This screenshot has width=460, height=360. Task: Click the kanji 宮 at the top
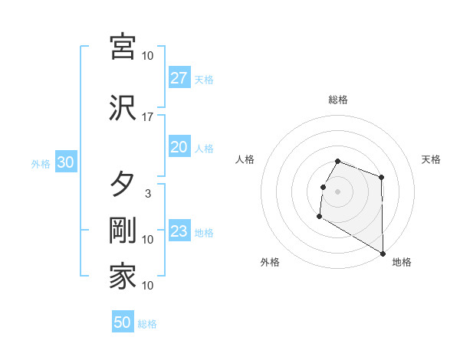(123, 47)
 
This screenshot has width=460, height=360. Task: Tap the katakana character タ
(123, 184)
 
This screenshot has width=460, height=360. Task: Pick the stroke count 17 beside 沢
(148, 117)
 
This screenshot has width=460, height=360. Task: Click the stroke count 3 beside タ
(148, 194)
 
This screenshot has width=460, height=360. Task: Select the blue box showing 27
(179, 78)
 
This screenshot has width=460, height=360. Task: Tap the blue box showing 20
(179, 147)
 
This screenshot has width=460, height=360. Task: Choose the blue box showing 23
(179, 231)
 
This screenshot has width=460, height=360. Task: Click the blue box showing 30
(65, 162)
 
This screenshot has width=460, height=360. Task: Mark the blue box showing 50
(123, 322)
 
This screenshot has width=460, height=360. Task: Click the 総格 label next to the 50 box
(147, 324)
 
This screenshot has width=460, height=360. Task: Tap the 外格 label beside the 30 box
(41, 163)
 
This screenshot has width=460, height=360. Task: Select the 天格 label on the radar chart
(432, 159)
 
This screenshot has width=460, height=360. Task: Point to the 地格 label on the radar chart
(402, 262)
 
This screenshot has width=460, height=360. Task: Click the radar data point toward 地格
(383, 253)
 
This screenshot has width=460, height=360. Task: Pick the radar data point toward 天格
(382, 177)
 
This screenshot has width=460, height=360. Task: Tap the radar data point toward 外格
(319, 217)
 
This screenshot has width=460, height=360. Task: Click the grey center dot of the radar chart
(337, 191)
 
